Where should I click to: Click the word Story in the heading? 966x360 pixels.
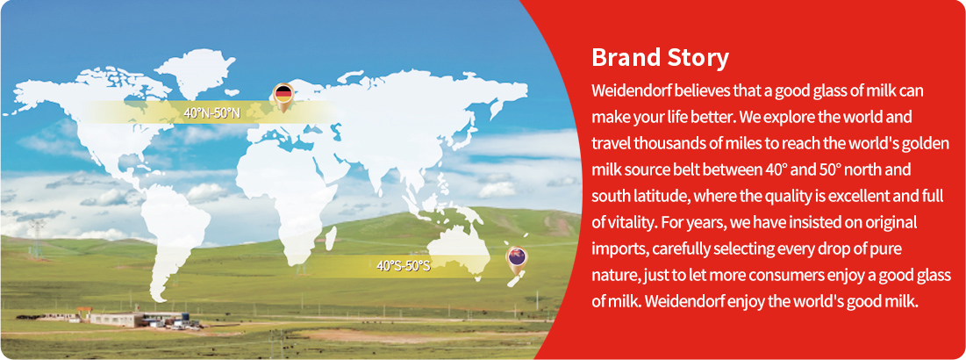[698, 59]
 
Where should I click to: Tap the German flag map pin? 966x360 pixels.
[283, 97]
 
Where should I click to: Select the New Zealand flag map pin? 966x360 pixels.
[515, 260]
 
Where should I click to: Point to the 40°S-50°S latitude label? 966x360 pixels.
[403, 267]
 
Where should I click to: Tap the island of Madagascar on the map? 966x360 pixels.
[330, 236]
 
